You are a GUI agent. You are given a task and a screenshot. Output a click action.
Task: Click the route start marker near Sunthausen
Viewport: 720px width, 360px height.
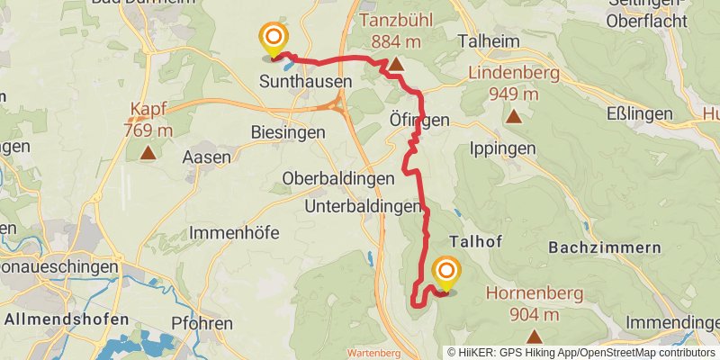[x=273, y=40]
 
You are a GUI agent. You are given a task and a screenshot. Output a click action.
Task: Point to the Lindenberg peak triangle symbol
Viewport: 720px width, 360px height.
[x=514, y=116]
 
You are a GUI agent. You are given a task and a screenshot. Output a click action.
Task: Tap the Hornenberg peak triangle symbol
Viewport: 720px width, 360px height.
[x=535, y=337]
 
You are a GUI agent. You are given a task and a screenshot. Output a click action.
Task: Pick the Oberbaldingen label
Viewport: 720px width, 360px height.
[x=337, y=178]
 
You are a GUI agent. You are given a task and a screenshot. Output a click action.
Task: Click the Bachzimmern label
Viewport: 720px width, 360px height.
[x=604, y=247]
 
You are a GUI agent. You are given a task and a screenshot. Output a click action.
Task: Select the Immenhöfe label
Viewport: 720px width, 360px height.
[x=234, y=233]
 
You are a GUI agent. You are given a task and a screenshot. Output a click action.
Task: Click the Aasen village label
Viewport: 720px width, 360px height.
[x=206, y=157]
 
